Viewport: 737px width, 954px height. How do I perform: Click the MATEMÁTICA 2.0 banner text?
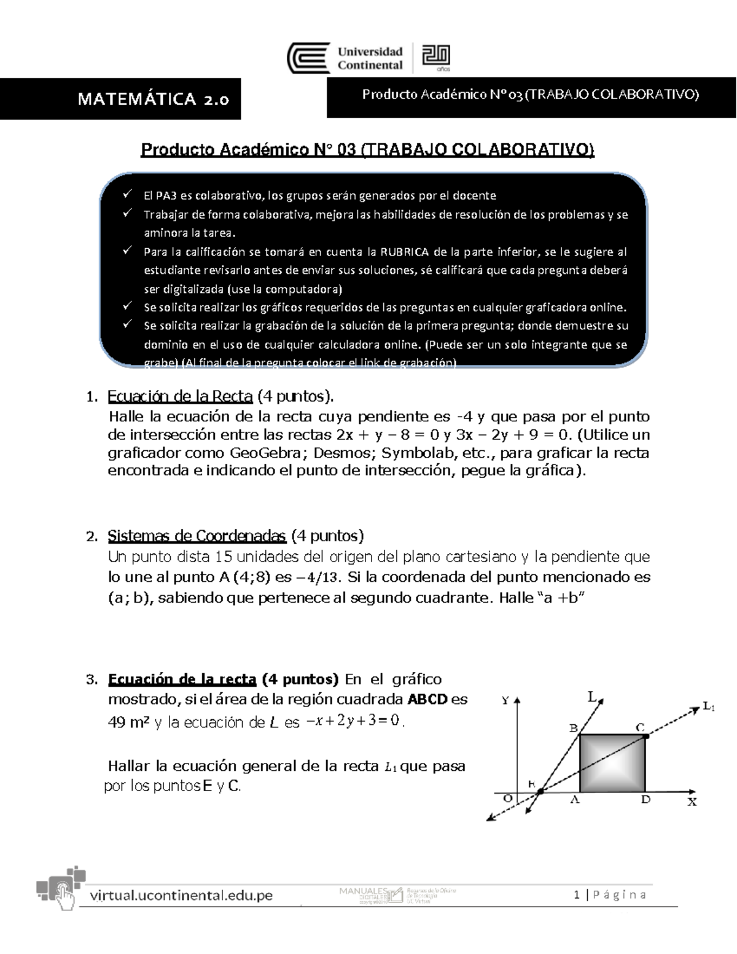click(154, 99)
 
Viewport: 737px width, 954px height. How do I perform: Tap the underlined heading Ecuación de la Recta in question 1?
click(180, 396)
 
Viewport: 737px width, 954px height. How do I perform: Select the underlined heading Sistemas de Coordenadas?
click(197, 536)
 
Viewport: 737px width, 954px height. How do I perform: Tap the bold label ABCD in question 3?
click(428, 699)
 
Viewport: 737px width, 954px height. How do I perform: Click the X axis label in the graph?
click(692, 802)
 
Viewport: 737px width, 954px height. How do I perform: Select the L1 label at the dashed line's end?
click(708, 707)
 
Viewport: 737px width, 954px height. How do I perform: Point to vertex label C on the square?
click(639, 727)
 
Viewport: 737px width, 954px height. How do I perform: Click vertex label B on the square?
click(573, 729)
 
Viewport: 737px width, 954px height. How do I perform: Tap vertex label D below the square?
click(646, 800)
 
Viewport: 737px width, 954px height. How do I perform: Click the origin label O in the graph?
click(507, 798)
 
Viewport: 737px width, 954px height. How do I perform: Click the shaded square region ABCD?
click(612, 762)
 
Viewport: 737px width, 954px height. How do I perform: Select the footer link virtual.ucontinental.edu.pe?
click(181, 895)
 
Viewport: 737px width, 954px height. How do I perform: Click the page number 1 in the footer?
click(577, 895)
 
